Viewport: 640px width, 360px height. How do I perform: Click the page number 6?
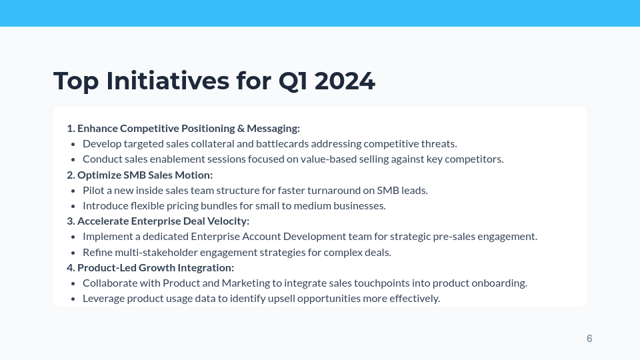589,339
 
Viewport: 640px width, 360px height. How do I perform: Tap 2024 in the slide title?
344,81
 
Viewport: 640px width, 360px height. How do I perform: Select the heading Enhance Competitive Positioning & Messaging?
189,128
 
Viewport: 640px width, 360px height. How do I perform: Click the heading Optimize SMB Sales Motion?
145,175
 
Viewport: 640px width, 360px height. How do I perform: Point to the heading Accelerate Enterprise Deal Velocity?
163,221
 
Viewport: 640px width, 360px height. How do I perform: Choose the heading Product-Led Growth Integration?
155,267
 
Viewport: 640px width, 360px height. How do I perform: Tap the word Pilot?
94,190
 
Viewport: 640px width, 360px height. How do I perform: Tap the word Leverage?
104,298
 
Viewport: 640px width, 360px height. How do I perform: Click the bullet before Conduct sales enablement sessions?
73,159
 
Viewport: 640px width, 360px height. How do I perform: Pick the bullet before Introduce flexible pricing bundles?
73,205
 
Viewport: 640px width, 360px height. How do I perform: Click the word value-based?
283,159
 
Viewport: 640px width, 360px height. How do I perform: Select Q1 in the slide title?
293,81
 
